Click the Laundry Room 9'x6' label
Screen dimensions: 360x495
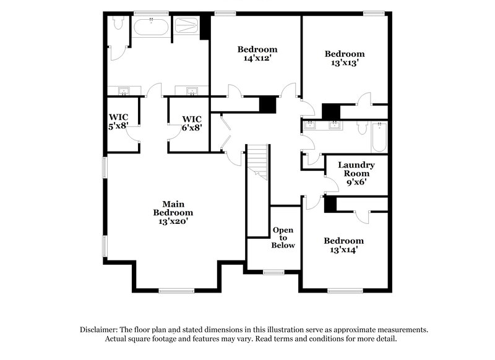356,174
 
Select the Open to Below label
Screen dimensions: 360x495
283,238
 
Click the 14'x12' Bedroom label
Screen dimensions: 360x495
258,54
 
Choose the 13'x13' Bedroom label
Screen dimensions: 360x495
345,58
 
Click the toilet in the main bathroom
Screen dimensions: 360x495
118,25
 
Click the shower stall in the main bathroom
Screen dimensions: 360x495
187,27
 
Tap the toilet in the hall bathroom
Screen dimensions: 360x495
363,127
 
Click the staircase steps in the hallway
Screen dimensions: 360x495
258,162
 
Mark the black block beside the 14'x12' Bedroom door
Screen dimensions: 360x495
267,104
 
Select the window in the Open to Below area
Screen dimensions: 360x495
273,272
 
